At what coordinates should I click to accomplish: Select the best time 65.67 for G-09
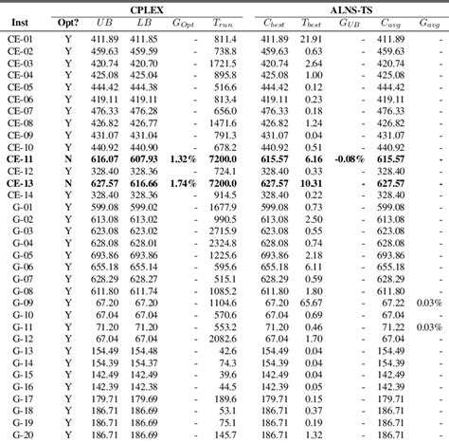[312, 302]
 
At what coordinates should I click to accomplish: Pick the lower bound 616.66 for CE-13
[142, 183]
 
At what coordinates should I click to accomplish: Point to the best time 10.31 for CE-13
[312, 183]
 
